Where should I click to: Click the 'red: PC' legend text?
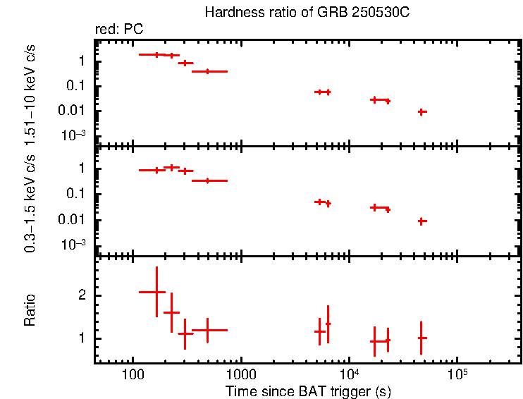(x=124, y=30)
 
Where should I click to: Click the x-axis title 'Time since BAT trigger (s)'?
(x=308, y=391)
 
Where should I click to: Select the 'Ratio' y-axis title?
(x=30, y=310)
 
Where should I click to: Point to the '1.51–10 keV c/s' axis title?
(x=30, y=92)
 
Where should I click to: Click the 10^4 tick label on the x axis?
(x=347, y=372)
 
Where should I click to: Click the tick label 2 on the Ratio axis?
(x=82, y=295)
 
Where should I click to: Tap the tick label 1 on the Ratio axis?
(x=82, y=338)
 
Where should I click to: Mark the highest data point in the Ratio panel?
(x=156, y=292)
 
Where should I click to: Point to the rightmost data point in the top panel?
(x=422, y=111)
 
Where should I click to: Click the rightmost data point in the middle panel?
(x=422, y=221)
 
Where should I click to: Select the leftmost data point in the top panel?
(x=156, y=54)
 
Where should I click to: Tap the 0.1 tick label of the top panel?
(x=78, y=86)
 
